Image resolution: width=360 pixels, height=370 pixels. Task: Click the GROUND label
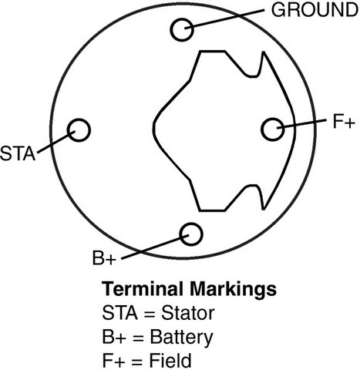coord(315,10)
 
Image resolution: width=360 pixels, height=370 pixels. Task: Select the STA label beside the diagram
coord(18,153)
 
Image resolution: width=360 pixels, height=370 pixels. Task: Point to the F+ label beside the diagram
coord(344,121)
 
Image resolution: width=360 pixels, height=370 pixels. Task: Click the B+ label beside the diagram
coord(104,258)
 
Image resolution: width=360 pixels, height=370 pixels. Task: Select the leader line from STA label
coord(56,142)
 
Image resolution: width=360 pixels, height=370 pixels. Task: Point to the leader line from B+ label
coord(155,247)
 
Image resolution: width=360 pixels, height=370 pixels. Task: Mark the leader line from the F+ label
coord(301,123)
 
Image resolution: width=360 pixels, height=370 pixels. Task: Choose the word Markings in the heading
coord(233,290)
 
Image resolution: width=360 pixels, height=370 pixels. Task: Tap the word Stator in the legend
coord(188,313)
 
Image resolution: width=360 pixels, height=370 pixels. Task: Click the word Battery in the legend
coord(181,338)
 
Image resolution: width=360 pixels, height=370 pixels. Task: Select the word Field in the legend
coord(170,360)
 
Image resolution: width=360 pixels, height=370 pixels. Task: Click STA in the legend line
coord(119,313)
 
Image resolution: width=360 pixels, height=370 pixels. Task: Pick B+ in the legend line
coord(114,337)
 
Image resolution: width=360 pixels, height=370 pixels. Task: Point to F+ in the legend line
coord(113,360)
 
